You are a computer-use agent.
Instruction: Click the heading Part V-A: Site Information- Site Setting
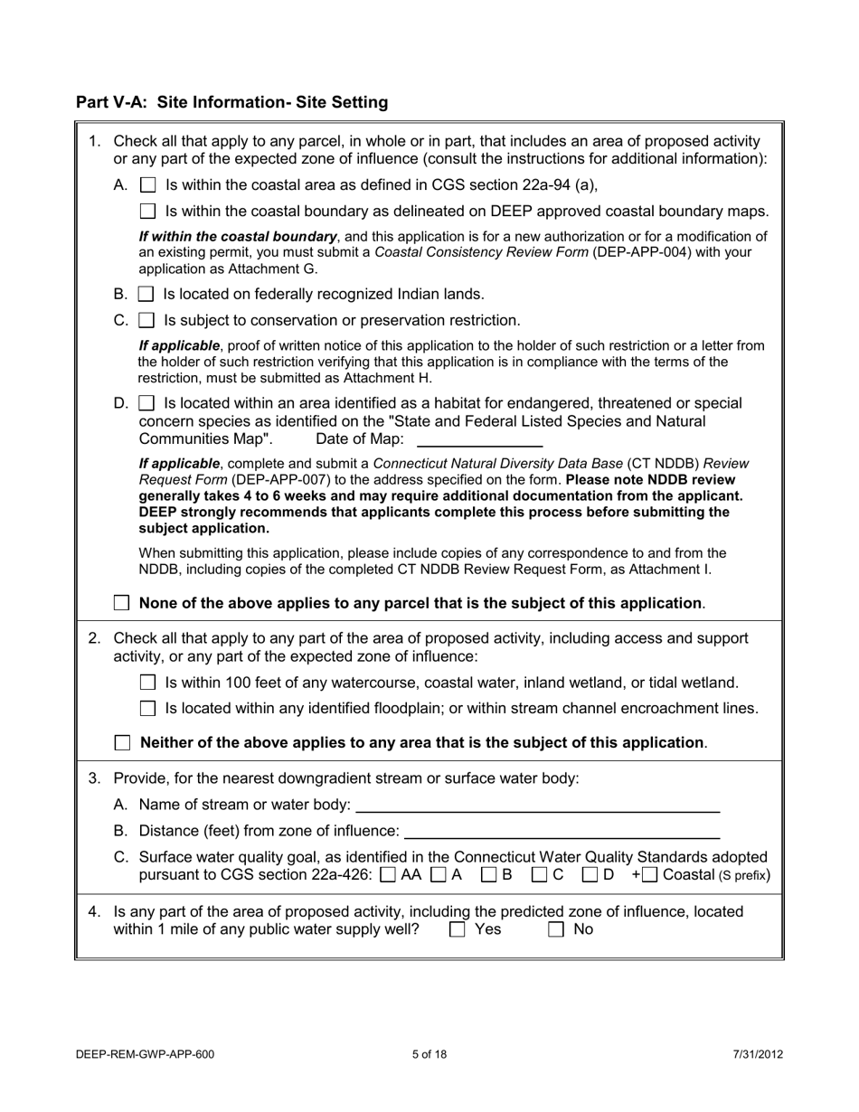pos(231,102)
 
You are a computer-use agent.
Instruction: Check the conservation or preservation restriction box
pos(147,321)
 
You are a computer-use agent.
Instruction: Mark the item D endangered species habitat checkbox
pos(148,403)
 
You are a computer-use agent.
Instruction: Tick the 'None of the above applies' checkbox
pos(122,603)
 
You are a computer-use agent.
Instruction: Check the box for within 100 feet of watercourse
pos(150,683)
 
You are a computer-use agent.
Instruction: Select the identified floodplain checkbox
pos(150,709)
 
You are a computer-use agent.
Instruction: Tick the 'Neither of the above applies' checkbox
pos(122,743)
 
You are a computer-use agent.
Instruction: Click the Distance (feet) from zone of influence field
pos(561,830)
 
